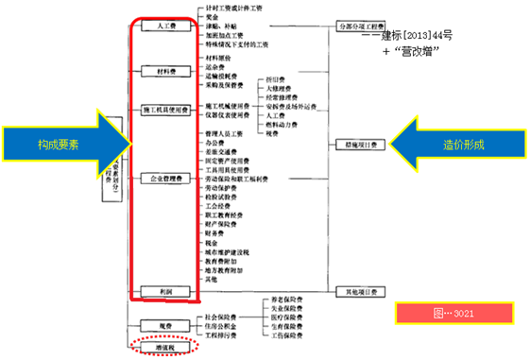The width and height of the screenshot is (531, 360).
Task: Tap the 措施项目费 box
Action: point(360,146)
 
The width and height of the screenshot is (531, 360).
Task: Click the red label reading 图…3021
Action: point(454,311)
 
